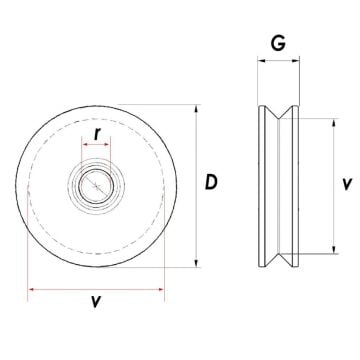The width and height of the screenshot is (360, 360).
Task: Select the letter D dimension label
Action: click(x=211, y=183)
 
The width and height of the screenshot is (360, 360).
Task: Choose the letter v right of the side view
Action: click(x=345, y=184)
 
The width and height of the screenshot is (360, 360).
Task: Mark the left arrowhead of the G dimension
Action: click(x=261, y=61)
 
